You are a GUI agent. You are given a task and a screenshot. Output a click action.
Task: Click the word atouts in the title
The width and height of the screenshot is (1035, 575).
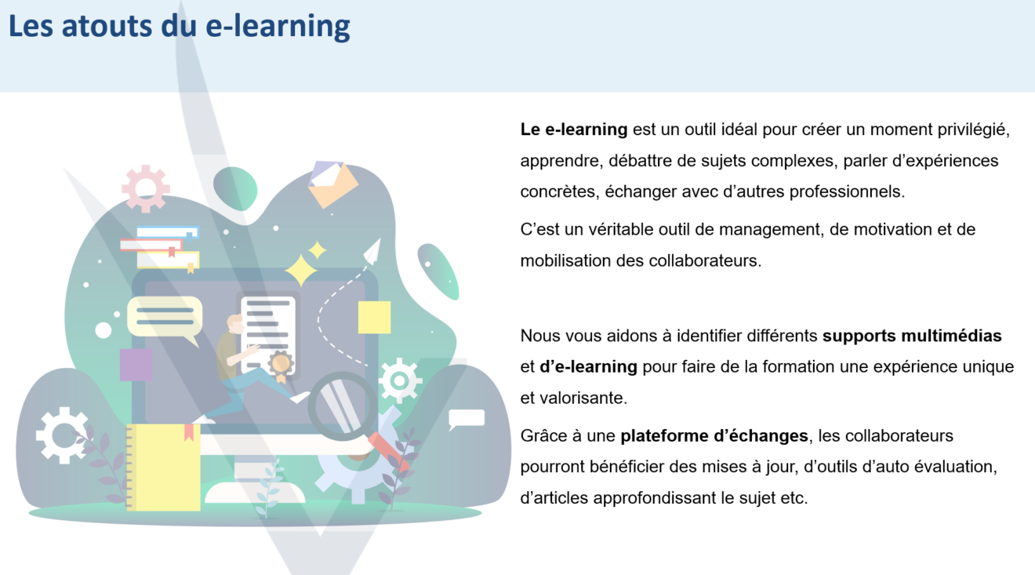[x=107, y=26]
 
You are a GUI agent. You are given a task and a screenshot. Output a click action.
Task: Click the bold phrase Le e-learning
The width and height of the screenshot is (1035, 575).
[x=574, y=129]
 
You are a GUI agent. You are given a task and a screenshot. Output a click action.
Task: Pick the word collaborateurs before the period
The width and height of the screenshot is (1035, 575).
[x=704, y=260]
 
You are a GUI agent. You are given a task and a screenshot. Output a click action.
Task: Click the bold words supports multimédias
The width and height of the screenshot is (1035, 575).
[x=912, y=337]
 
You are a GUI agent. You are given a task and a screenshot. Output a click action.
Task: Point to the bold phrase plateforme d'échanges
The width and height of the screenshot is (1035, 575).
[x=714, y=436]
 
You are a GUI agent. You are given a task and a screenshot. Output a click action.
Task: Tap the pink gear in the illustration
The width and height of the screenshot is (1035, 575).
[x=146, y=188]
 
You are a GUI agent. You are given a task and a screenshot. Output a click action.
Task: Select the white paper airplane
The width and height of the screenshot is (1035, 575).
[x=373, y=251]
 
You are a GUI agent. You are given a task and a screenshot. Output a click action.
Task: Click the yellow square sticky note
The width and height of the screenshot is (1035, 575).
[x=374, y=318]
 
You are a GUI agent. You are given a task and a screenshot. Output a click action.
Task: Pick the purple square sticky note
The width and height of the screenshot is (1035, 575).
[x=136, y=365]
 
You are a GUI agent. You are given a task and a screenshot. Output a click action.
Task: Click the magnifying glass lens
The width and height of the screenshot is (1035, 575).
[x=343, y=406]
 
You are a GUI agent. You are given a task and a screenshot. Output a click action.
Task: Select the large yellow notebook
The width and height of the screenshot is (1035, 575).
[x=163, y=468]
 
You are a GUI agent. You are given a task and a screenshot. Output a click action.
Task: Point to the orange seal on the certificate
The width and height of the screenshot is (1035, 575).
[x=281, y=365]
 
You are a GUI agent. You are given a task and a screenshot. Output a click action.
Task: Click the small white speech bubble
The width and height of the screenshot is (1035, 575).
[x=467, y=419]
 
